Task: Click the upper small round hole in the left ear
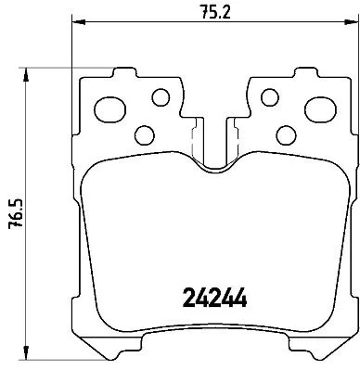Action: coord(161,96)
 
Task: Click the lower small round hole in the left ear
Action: coord(143,133)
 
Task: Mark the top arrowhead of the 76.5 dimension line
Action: coord(32,70)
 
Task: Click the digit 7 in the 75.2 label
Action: coord(202,11)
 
